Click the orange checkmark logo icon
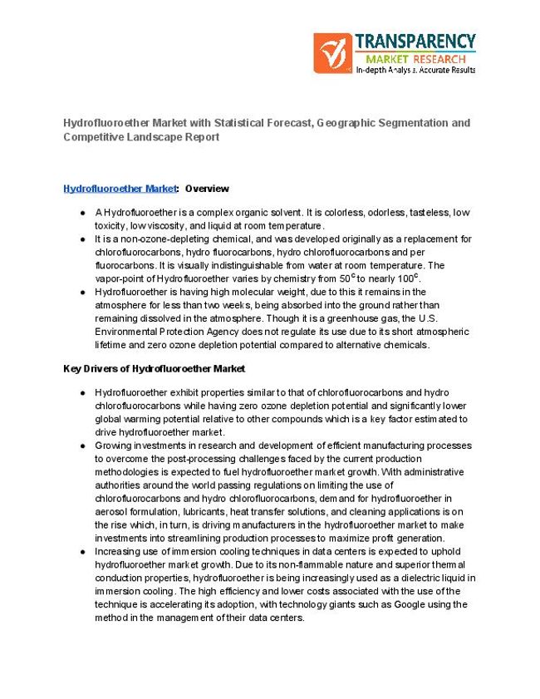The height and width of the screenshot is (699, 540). [x=332, y=52]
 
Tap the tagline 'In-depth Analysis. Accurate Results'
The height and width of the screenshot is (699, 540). [x=415, y=71]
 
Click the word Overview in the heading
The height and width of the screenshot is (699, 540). [x=207, y=189]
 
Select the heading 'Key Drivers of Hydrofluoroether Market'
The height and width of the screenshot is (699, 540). [x=154, y=368]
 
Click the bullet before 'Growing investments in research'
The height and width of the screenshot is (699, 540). [x=83, y=445]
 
